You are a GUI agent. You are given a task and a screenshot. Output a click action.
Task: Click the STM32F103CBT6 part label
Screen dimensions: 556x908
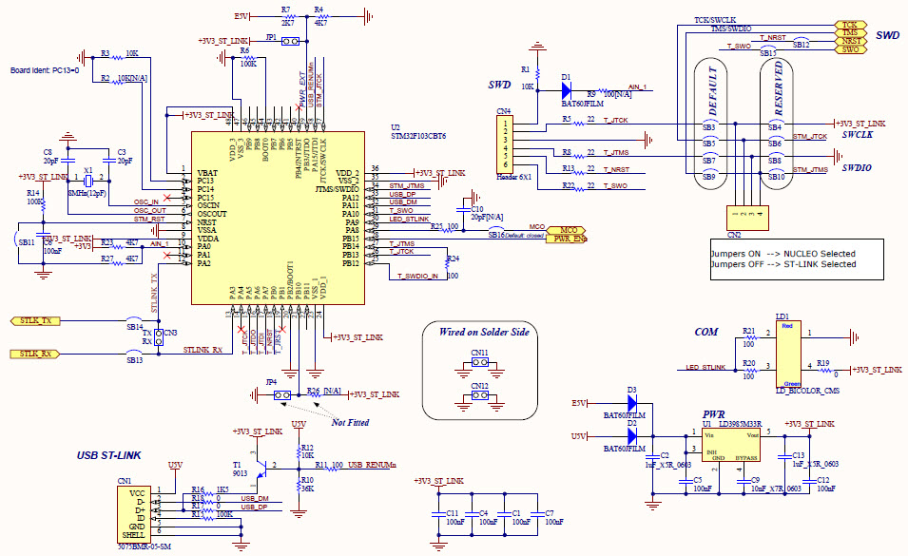(x=418, y=136)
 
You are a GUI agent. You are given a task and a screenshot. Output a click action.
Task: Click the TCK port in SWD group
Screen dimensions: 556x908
(x=849, y=25)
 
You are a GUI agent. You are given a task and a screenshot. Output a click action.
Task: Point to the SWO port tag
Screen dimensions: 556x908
(x=849, y=49)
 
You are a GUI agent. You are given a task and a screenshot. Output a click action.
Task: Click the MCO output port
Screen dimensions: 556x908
(x=568, y=230)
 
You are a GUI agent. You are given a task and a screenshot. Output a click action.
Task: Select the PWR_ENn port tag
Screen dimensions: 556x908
(x=568, y=239)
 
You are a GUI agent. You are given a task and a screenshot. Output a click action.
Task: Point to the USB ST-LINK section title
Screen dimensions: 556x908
(x=109, y=455)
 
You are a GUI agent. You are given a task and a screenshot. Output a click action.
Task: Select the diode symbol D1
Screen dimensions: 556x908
(x=568, y=91)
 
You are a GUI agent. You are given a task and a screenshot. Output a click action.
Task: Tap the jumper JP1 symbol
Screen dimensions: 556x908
(x=289, y=42)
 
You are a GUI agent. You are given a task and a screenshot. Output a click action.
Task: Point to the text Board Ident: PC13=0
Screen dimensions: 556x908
(x=45, y=70)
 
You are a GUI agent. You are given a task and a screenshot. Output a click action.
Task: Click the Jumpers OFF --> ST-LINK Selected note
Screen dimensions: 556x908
(x=782, y=264)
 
